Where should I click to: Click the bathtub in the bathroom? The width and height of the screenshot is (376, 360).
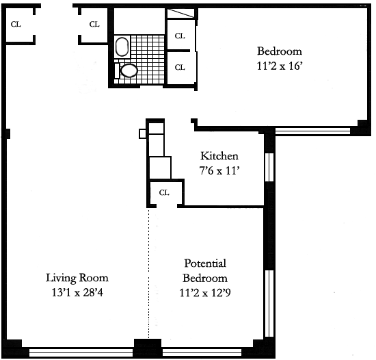[122, 47]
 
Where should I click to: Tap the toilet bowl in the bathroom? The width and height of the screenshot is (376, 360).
[129, 70]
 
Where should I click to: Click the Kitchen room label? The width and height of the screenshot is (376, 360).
[219, 156]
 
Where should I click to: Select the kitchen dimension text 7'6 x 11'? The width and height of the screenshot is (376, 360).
[219, 171]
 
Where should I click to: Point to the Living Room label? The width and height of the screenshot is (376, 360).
[77, 278]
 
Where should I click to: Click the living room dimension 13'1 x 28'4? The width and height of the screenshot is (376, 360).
[77, 292]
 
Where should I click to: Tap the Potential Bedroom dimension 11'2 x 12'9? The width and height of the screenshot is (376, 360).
[205, 293]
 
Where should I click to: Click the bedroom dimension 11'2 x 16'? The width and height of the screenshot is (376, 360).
[278, 66]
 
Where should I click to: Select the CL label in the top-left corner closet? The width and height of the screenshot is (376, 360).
[16, 24]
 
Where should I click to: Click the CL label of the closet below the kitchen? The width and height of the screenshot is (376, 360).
[164, 192]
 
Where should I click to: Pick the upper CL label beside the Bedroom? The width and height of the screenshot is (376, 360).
[180, 36]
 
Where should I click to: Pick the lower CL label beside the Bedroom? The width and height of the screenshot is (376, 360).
[180, 68]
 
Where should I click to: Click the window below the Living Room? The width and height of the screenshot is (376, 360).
[81, 352]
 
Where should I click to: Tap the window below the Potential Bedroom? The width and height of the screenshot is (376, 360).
[202, 352]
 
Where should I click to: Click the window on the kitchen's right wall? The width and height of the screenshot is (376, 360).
[269, 167]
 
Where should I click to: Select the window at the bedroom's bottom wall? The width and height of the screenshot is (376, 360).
[312, 131]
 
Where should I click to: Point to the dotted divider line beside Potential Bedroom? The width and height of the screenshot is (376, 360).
[148, 273]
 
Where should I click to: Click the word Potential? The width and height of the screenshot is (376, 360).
[205, 263]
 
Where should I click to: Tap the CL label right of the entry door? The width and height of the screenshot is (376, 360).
[94, 24]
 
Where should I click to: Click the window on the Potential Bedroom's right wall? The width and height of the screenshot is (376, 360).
[269, 303]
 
